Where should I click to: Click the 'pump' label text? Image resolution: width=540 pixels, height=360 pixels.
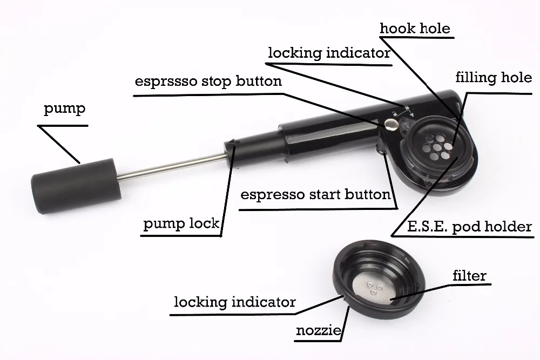pyautogui.click(x=64, y=110)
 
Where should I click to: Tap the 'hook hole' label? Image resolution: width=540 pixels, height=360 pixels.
pyautogui.click(x=415, y=28)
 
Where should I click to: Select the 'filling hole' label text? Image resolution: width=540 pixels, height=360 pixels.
pyautogui.click(x=492, y=77)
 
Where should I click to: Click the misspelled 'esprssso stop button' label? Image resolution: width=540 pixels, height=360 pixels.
pyautogui.click(x=208, y=82)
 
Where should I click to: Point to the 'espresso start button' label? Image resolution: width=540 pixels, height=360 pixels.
pyautogui.click(x=315, y=194)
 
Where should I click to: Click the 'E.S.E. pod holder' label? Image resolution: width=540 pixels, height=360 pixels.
pyautogui.click(x=462, y=226)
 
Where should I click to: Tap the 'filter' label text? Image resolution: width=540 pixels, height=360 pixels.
pyautogui.click(x=469, y=276)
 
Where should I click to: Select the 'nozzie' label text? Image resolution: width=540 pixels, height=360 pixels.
pyautogui.click(x=319, y=330)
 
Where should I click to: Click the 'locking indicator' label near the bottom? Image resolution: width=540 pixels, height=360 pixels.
pyautogui.click(x=234, y=301)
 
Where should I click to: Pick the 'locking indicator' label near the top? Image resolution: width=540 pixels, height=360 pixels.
pyautogui.click(x=329, y=53)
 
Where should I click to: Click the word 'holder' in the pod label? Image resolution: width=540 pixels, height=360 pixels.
pyautogui.click(x=505, y=226)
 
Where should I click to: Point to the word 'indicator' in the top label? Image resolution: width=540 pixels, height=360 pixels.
pyautogui.click(x=358, y=53)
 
